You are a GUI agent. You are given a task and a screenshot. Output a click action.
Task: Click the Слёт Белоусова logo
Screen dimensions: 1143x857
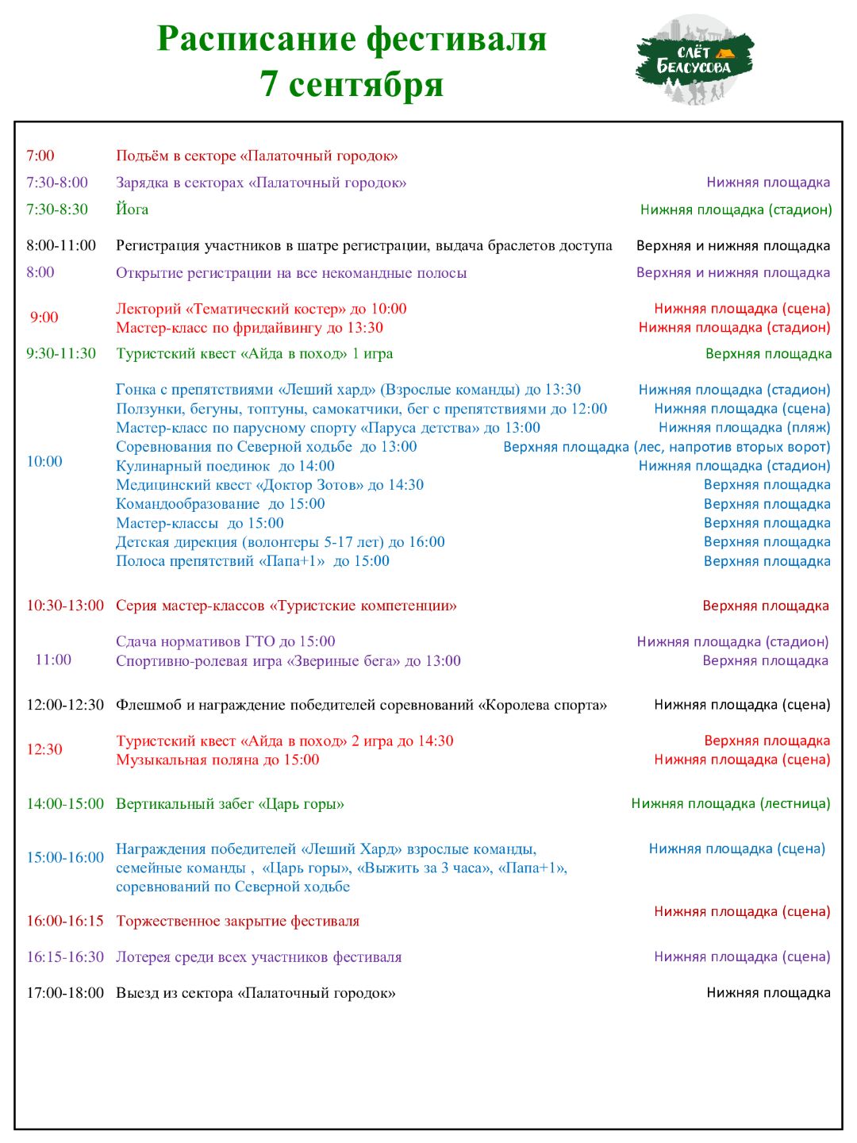point(695,60)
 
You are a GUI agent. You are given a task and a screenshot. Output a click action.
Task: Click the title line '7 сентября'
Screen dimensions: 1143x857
point(352,84)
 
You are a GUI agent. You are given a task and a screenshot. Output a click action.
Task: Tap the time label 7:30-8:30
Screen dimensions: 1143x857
point(57,210)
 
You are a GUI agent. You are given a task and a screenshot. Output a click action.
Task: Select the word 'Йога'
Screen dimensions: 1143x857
point(132,210)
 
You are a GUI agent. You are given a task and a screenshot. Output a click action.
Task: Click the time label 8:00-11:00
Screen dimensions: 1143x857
point(61,246)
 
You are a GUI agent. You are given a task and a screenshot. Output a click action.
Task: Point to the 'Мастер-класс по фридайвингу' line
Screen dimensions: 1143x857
point(249,328)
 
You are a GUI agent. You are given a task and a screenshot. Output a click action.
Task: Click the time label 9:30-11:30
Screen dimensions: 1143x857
point(61,354)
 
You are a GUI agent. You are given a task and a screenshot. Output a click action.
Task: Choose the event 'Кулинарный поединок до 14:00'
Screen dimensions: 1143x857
point(225,466)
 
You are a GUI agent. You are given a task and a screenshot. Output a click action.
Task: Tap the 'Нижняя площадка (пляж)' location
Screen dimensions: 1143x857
point(744,428)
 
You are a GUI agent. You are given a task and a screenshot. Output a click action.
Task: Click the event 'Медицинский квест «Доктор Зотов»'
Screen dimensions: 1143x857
point(270,485)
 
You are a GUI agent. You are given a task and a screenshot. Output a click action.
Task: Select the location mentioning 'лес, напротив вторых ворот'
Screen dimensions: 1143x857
point(667,447)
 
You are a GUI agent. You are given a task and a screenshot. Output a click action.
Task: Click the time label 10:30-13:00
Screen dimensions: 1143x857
point(65,606)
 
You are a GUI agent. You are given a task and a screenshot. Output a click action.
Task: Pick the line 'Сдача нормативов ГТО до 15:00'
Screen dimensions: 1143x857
point(225,641)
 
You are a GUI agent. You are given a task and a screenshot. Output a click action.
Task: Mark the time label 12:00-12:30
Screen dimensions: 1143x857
point(65,705)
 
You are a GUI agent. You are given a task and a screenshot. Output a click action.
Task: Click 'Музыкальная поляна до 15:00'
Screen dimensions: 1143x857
point(217,760)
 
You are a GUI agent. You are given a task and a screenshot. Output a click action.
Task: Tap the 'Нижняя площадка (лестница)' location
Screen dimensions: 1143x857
point(730,803)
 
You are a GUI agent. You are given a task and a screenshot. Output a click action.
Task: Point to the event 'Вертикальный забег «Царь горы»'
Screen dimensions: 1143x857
point(230,804)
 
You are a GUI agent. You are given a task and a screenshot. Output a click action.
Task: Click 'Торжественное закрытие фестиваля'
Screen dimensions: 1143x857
point(237,922)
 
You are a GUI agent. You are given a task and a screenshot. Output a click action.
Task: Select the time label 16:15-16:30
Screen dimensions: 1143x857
point(65,957)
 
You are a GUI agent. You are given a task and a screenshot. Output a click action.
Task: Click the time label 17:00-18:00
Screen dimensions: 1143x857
point(65,993)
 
